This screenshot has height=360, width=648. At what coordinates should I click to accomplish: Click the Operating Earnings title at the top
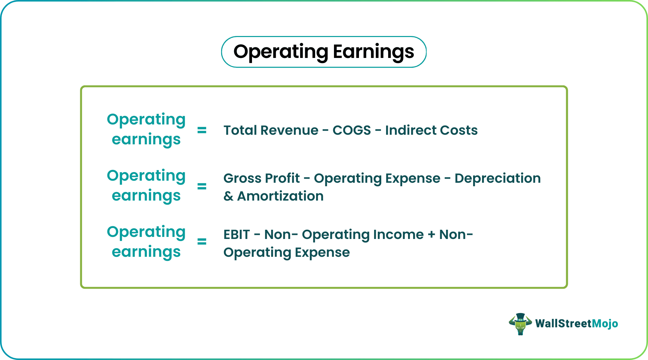point(324,52)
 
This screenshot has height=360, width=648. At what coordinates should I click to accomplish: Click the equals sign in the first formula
point(202,130)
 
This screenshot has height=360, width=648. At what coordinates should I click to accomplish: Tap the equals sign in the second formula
point(202,186)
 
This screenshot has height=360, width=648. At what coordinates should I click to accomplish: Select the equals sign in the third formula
point(202,242)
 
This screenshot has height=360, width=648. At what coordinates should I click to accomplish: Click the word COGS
point(351,130)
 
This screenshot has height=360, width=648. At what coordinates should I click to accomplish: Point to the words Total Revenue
point(271,130)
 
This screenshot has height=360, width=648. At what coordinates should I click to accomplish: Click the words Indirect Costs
point(431,130)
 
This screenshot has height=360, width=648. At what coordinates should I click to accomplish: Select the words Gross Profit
point(262,178)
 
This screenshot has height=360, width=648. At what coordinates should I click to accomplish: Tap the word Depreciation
point(497,178)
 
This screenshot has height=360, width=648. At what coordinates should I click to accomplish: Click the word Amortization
point(280,196)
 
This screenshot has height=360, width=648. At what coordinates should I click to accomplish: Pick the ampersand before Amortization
point(228,196)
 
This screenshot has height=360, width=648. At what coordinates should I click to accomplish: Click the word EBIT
point(237,235)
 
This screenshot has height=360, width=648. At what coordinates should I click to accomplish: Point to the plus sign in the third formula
point(431,235)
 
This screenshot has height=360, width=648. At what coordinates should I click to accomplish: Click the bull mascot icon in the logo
point(520,324)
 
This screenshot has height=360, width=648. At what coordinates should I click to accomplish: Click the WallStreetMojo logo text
point(577,324)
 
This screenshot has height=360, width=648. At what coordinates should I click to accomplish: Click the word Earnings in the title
point(373,52)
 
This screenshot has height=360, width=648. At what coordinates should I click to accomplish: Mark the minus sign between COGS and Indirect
point(378,130)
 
